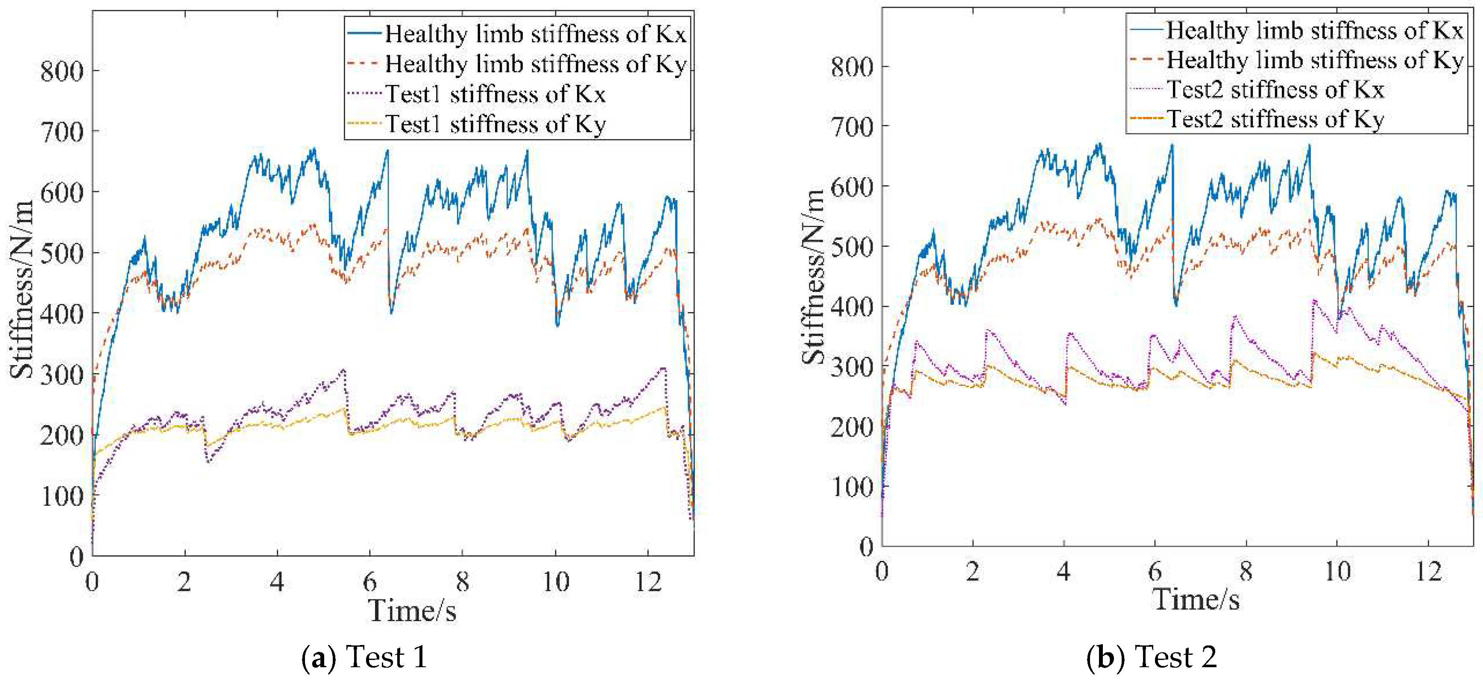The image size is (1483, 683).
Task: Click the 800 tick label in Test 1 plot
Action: [x=62, y=71]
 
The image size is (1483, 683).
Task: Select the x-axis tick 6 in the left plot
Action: [x=369, y=582]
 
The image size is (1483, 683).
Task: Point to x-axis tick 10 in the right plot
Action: [x=1337, y=572]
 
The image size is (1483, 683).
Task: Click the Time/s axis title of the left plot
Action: [x=412, y=610]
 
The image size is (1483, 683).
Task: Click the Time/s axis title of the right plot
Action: [x=1195, y=600]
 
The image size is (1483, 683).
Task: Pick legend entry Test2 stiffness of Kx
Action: [x=1275, y=90]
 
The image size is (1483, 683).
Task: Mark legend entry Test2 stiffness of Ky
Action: [x=1275, y=120]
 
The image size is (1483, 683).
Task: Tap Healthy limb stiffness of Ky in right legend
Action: [x=1314, y=60]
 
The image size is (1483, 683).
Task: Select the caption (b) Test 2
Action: [x=1152, y=657]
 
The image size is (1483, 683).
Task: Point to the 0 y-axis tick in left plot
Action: [x=76, y=556]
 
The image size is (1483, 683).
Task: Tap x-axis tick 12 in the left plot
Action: [x=648, y=582]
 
